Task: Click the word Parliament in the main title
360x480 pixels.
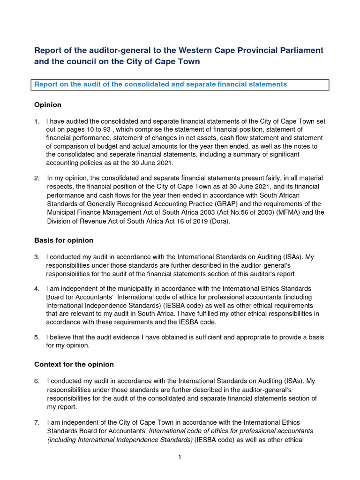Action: (300, 50)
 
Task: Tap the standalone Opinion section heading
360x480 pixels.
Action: (48, 105)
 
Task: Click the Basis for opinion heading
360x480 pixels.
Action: (64, 240)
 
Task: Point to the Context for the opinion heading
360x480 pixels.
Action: (74, 364)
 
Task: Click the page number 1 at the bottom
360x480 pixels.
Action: (180, 457)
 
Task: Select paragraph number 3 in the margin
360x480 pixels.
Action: (37, 257)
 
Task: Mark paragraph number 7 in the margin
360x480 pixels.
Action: (37, 423)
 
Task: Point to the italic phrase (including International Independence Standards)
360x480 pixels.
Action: (120, 440)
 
